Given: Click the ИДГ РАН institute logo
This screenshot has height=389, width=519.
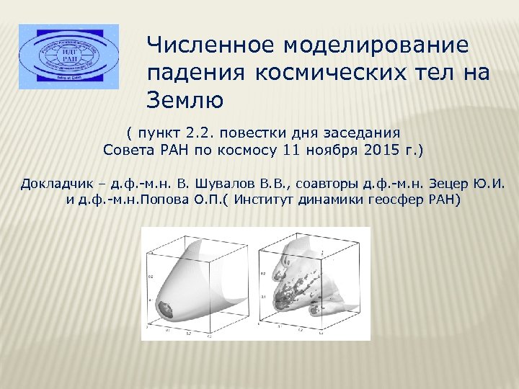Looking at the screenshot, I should pyautogui.click(x=68, y=56).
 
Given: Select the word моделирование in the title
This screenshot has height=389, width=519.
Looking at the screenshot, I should pyautogui.click(x=376, y=45).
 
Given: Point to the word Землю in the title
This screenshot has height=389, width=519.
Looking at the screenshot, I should pyautogui.click(x=185, y=99).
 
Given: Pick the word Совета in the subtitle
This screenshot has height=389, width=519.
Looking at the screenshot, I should pyautogui.click(x=127, y=151).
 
